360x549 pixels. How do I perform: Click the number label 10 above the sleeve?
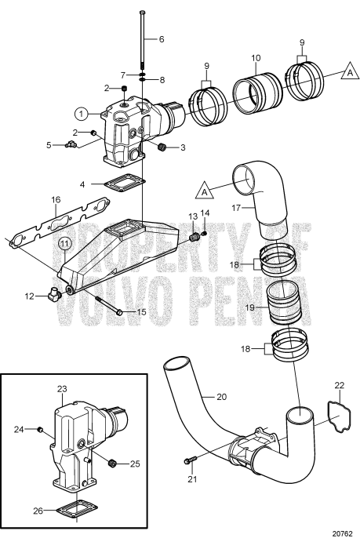[255, 58]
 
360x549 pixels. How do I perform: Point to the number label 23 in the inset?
[62, 388]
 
